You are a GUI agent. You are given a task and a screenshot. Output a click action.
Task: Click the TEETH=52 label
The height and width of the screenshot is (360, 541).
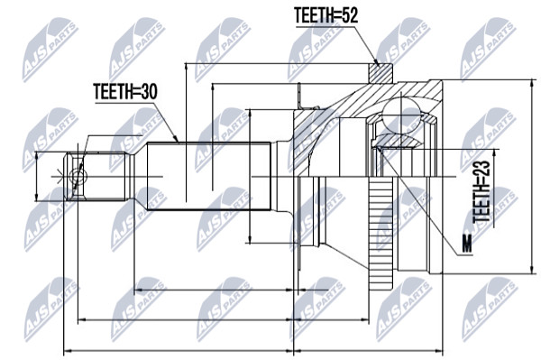point(326,15)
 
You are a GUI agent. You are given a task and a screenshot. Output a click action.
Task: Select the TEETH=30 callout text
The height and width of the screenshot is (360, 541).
point(125,92)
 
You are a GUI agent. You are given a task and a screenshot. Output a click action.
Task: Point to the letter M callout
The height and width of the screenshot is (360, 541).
point(467,244)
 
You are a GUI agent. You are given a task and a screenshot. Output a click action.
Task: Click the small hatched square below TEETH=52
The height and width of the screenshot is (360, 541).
point(381,74)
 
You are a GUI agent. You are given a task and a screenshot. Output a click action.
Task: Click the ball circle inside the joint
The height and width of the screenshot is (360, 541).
point(401,115)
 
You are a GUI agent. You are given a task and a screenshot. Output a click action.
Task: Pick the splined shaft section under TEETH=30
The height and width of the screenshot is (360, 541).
point(209,176)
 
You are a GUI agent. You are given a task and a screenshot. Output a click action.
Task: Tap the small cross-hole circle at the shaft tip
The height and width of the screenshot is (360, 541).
point(78,177)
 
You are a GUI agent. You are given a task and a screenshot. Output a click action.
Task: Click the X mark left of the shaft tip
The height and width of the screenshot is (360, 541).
point(60,176)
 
